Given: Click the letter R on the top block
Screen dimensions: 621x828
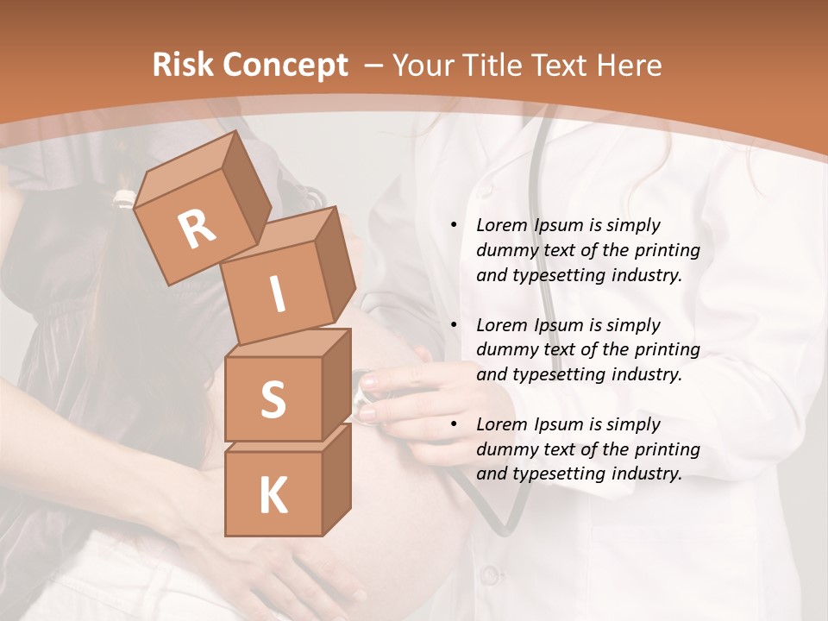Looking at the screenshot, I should pos(198,230).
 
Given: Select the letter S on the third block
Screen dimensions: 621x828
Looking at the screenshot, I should pos(273,399).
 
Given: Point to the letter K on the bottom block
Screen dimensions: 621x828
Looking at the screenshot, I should pos(273,496).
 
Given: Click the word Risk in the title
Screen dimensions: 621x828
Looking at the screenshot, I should pos(183,65).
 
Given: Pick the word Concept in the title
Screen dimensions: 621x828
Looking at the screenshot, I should pos(285,66).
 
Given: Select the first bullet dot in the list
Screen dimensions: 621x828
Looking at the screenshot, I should pos(454,225).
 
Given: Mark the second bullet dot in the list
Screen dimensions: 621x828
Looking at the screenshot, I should pos(454,325).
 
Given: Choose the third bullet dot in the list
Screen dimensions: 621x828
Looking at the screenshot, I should pos(454,424).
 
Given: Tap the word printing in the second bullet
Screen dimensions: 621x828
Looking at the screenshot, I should pos(667,350).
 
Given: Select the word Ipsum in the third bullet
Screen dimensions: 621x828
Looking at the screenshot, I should pos(560,424).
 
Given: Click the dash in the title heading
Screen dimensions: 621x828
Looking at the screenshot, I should pos(374,65).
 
